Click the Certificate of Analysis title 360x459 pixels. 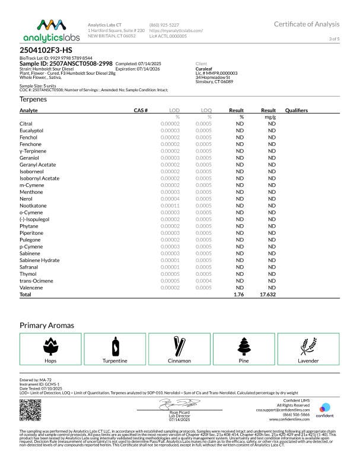point(307,24)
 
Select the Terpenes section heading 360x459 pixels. point(33,99)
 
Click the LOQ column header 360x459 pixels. point(206,110)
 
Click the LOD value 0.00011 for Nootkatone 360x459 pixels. point(170,205)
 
